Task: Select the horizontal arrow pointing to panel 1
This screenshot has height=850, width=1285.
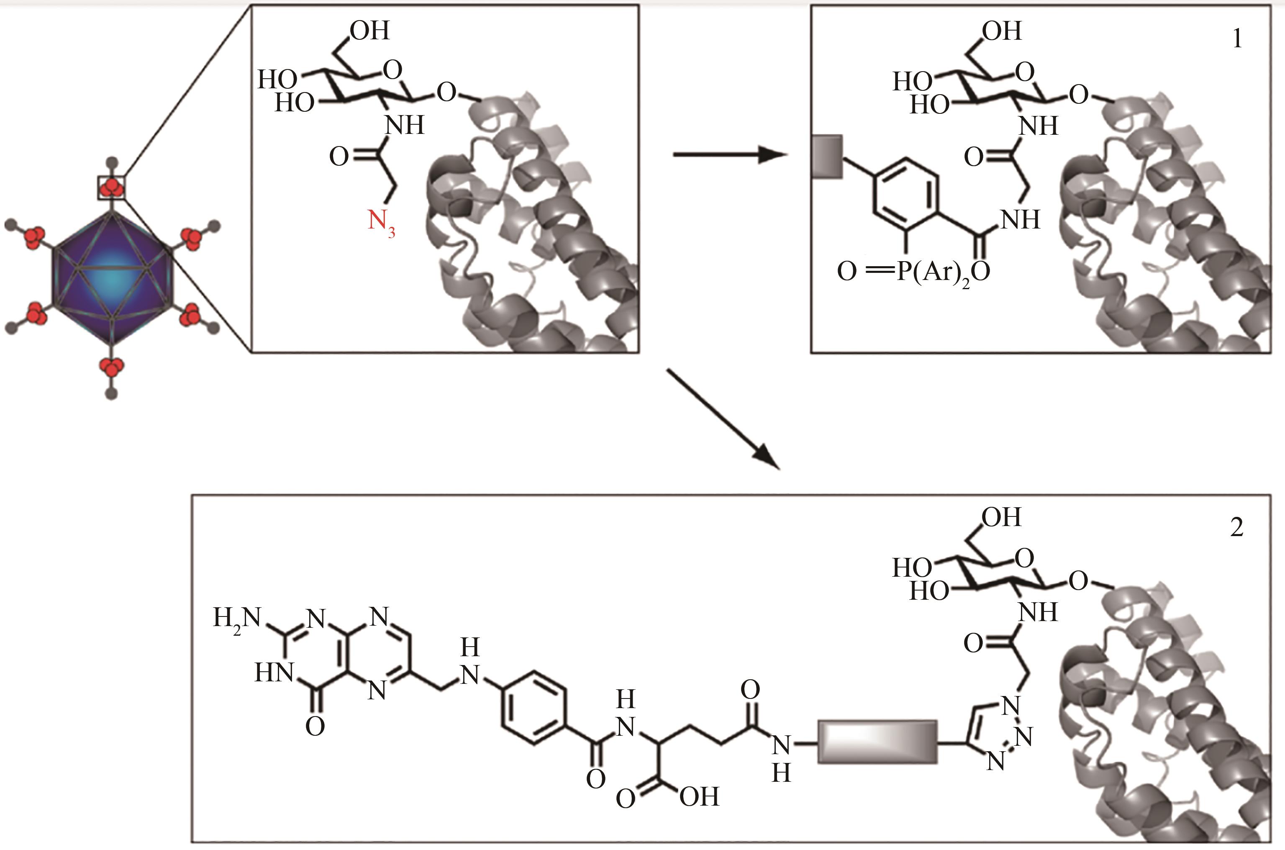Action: (729, 155)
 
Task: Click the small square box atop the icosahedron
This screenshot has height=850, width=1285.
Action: (112, 187)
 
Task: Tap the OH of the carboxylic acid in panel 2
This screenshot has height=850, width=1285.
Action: (699, 797)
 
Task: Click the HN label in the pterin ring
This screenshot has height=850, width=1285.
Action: (274, 674)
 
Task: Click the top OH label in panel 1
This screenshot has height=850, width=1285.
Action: (1002, 31)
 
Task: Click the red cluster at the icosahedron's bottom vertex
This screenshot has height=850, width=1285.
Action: (112, 367)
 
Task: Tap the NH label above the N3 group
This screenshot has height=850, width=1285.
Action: (404, 126)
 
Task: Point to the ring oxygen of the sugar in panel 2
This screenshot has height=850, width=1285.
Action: (1024, 558)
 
